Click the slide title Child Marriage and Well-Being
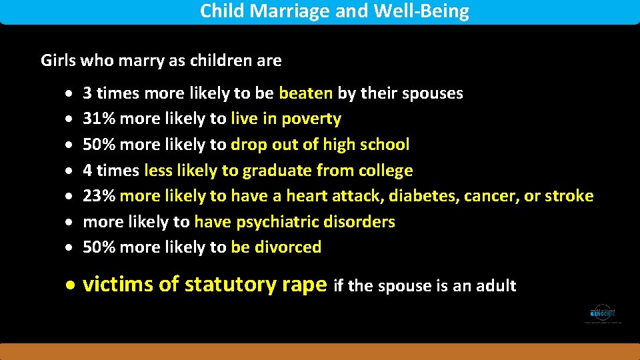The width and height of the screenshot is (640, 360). tap(334, 11)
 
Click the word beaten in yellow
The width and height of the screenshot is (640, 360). tap(305, 93)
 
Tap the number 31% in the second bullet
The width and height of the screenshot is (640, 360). tap(97, 119)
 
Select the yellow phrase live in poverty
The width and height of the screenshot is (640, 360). tap(286, 119)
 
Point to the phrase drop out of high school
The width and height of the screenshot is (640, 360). tap(320, 145)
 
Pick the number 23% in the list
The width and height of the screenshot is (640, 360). tap(98, 196)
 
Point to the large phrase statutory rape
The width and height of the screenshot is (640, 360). tap(256, 285)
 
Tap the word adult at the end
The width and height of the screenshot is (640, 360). tap(495, 286)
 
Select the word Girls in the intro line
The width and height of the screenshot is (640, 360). tap(58, 61)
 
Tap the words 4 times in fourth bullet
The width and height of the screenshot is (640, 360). tap(111, 171)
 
